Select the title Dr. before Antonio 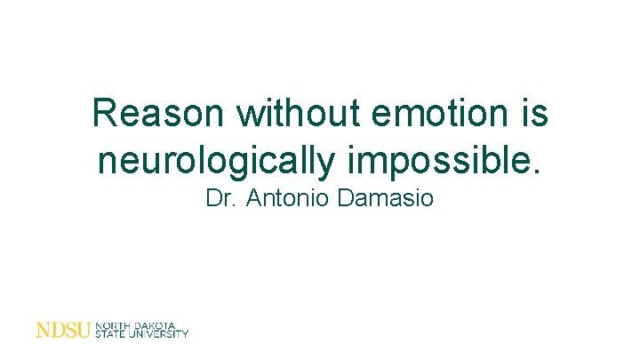pos(221,197)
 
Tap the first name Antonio pos(288,197)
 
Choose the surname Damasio pos(386,197)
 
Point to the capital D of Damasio pos(346,197)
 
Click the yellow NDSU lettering pos(62,331)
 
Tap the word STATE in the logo pos(110,335)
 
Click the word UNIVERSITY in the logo pos(159,335)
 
